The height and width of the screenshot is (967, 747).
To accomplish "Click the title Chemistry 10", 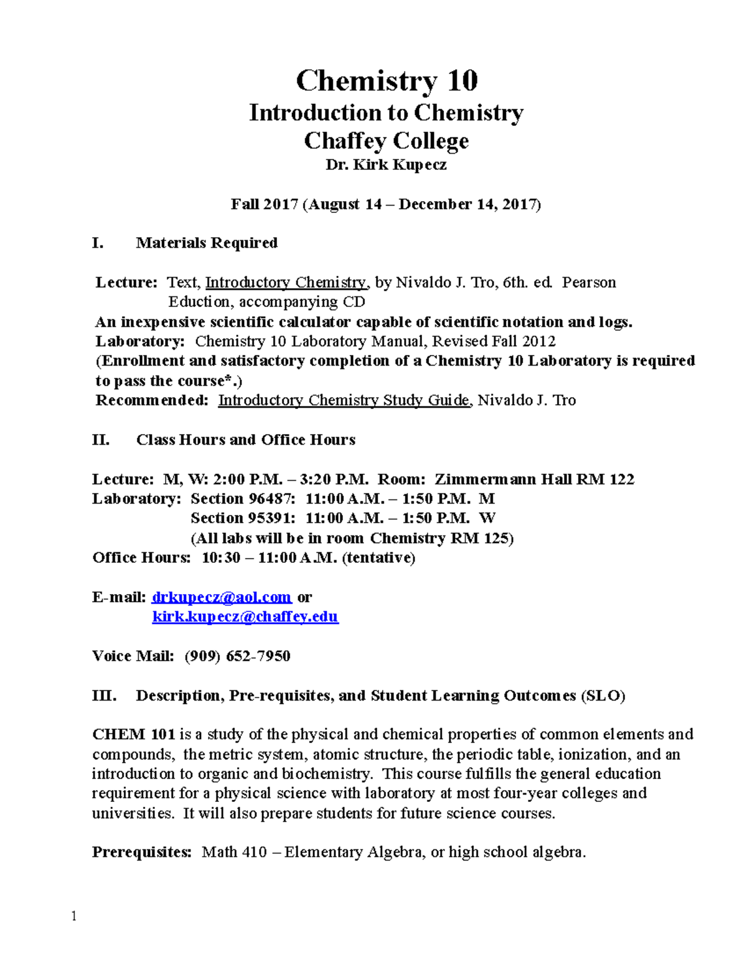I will [x=386, y=81].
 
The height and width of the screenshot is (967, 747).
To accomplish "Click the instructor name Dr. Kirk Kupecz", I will [x=386, y=165].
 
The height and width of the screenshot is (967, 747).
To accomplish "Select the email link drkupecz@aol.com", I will [x=222, y=597].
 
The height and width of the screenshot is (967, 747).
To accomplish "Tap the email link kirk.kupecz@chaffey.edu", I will [x=245, y=617].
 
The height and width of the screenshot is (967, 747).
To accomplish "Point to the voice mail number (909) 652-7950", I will [x=237, y=656].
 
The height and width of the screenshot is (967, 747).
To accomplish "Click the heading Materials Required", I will [x=207, y=243].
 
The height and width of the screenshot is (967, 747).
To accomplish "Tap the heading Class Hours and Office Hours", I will [x=246, y=440].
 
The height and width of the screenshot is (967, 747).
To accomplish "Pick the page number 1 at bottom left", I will [x=74, y=916].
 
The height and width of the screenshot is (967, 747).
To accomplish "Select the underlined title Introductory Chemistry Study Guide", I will [x=344, y=400].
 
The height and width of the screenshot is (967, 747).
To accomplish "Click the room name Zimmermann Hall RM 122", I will [x=534, y=479].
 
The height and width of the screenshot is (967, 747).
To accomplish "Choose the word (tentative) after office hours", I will [x=378, y=558].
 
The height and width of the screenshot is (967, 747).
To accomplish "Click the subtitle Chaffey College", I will [x=386, y=141].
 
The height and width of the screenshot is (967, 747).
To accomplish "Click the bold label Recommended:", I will [x=151, y=400].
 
